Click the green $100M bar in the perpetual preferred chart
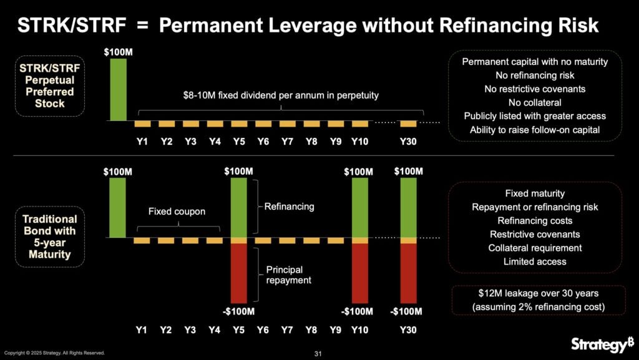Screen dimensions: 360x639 pyautogui.click(x=118, y=89)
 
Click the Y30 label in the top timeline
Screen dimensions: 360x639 pyautogui.click(x=408, y=142)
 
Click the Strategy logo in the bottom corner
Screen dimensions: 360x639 pyautogui.click(x=599, y=344)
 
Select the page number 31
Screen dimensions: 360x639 pyautogui.click(x=318, y=354)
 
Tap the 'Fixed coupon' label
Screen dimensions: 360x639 pyautogui.click(x=177, y=212)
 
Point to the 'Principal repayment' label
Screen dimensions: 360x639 pyautogui.click(x=288, y=275)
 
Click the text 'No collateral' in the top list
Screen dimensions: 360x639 pyautogui.click(x=535, y=102)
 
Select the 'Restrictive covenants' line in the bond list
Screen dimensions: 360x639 pyautogui.click(x=535, y=235)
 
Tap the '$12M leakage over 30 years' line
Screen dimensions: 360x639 pyautogui.click(x=535, y=294)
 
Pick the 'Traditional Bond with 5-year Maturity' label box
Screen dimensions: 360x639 pyautogui.click(x=49, y=237)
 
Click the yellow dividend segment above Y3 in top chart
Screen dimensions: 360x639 pyautogui.click(x=190, y=124)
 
